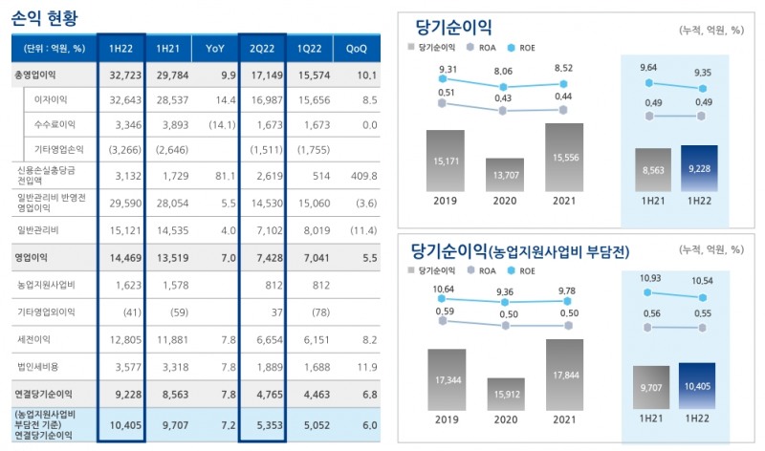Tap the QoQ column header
point(356,47)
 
